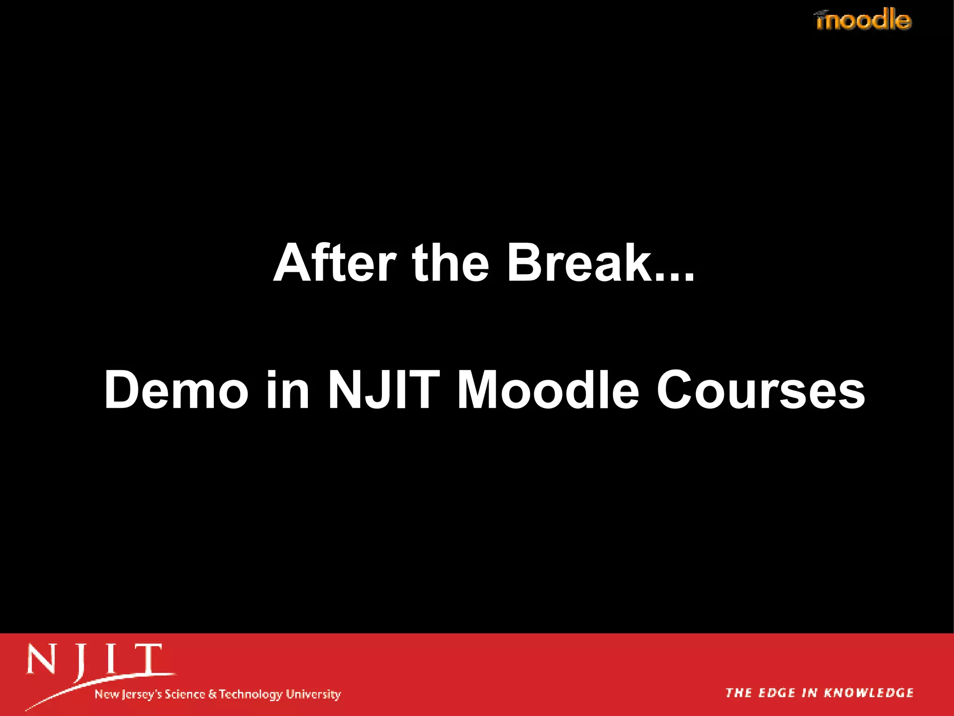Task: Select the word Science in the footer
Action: tap(185, 694)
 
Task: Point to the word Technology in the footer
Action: tap(251, 695)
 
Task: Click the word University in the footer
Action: tap(313, 695)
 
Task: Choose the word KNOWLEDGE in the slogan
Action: tap(869, 693)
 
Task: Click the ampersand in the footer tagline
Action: tap(212, 694)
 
